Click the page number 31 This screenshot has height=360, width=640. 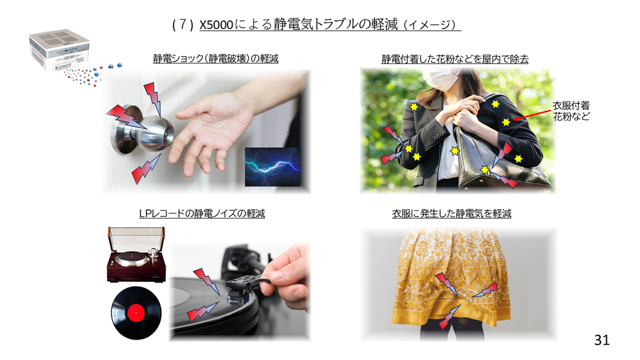point(602,340)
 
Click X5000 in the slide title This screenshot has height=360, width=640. point(216,25)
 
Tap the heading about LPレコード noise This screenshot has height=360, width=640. point(202,214)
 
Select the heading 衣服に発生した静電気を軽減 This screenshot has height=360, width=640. point(452,214)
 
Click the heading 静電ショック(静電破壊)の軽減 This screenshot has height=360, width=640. point(215,58)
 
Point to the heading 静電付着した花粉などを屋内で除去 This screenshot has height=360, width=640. point(455,59)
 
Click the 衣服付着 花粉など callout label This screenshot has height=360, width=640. point(571,111)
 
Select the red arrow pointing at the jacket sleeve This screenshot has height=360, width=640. point(532,114)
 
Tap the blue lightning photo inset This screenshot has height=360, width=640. point(272,167)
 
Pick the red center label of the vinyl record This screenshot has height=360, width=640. point(136,313)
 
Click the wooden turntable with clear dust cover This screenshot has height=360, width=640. point(137,255)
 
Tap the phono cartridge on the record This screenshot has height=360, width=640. point(240,291)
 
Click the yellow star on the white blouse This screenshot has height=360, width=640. point(455,151)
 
